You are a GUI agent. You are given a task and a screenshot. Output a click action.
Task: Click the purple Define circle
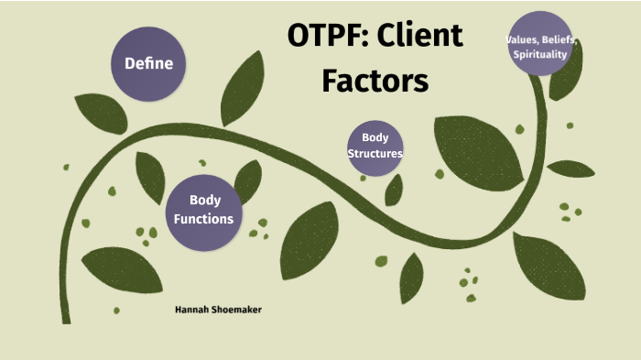148,63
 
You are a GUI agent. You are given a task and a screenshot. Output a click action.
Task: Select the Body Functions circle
205,210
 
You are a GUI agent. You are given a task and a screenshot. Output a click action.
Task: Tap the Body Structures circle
375,146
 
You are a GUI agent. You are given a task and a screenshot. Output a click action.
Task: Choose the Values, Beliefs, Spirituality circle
541,44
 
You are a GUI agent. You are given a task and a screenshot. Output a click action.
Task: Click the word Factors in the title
375,81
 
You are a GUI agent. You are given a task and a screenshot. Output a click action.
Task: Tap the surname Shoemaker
237,310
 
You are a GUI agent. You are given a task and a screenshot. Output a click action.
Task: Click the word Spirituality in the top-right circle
541,54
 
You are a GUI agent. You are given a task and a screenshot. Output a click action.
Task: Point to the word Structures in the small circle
375,154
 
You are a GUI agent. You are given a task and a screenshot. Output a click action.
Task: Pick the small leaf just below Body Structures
394,189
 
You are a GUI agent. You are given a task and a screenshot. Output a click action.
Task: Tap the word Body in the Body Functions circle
205,201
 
